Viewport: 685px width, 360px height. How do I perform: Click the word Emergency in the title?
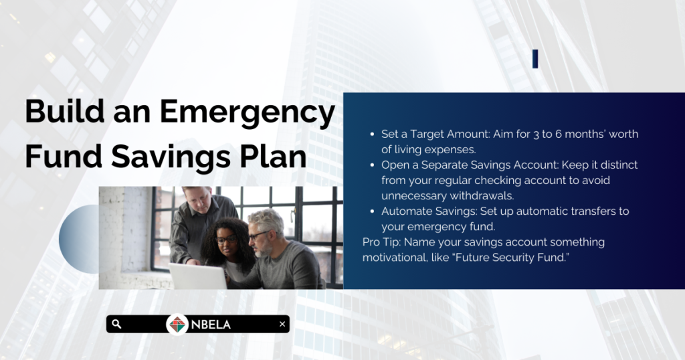(248, 112)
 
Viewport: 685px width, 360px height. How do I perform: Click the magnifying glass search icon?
(116, 324)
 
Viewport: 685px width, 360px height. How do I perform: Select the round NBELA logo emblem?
(177, 325)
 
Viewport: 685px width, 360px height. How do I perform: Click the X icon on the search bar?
(282, 324)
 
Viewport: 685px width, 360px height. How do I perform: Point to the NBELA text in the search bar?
(211, 325)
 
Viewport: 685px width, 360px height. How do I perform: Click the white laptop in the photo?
(198, 276)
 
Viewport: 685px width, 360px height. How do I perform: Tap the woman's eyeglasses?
(226, 239)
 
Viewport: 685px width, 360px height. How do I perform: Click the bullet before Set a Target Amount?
(372, 134)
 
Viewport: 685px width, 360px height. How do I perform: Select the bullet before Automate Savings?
(372, 211)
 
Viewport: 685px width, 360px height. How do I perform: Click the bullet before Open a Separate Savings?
(372, 165)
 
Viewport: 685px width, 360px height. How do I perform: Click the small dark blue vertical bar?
(535, 59)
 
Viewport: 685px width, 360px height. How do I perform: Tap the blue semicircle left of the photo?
(79, 239)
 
